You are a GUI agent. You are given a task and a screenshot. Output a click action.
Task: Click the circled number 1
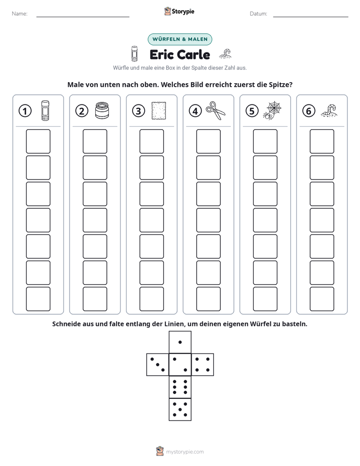click(x=25, y=111)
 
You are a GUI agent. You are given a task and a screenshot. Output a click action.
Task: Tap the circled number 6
click(x=309, y=111)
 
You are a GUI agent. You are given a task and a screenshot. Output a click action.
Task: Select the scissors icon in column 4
click(x=215, y=110)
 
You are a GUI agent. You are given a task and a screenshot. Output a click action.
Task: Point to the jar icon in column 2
click(x=102, y=110)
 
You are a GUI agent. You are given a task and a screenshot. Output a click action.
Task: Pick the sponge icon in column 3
click(x=159, y=111)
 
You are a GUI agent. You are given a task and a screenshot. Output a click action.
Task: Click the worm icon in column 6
click(x=329, y=110)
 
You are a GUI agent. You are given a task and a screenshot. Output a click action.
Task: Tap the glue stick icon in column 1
click(x=45, y=110)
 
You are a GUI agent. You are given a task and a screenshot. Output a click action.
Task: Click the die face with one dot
click(x=180, y=342)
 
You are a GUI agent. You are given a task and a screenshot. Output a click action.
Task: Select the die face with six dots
click(x=180, y=387)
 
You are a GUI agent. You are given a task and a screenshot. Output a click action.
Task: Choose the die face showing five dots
click(x=180, y=409)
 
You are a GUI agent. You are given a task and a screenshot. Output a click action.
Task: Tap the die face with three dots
click(x=158, y=365)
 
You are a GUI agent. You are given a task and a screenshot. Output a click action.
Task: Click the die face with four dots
click(x=203, y=365)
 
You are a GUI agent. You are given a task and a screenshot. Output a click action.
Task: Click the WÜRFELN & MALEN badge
click(x=180, y=39)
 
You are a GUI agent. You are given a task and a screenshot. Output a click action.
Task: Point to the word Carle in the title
click(x=194, y=54)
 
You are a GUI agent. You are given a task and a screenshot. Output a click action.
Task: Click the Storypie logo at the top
click(x=179, y=11)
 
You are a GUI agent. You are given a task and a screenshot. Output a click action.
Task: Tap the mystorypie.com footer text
click(x=185, y=452)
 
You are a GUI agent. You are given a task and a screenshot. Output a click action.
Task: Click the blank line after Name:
click(x=83, y=17)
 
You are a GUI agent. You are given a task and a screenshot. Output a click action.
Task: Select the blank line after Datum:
click(x=311, y=17)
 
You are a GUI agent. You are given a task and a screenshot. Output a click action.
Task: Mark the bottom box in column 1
click(x=38, y=299)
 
